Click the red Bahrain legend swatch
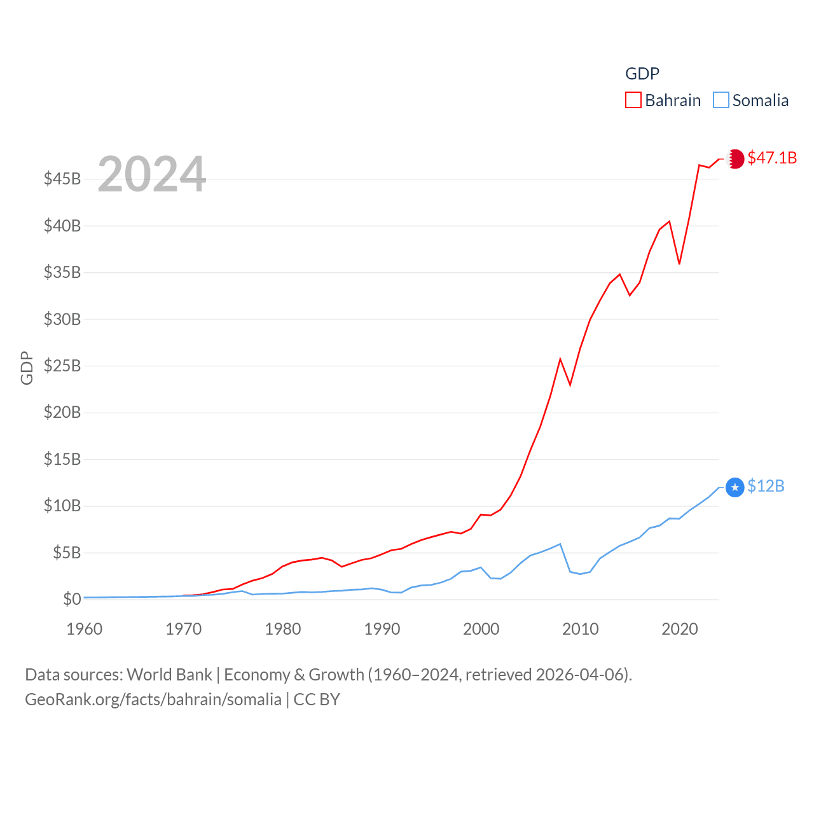633,100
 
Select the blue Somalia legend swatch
721,100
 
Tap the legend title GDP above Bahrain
642,74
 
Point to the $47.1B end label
772,158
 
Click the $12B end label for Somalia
766,486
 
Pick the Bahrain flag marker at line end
735,159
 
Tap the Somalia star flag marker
735,488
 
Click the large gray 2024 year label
152,174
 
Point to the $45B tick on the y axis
62,179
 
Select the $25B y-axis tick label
62,366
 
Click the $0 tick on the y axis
72,599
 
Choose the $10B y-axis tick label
62,506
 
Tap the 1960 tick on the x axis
85,629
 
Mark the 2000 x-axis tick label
481,629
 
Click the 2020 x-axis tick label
680,629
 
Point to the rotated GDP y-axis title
27,368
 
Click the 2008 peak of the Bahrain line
560,359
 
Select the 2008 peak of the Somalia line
560,544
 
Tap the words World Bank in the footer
169,675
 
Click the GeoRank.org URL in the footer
153,700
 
